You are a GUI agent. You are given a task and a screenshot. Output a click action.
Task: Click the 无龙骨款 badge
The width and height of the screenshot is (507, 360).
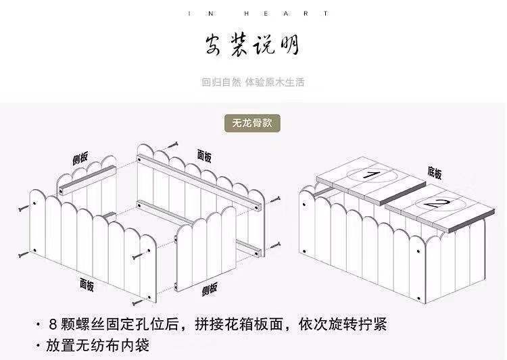[252, 124]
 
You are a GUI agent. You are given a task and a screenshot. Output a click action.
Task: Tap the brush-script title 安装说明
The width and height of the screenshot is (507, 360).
[252, 46]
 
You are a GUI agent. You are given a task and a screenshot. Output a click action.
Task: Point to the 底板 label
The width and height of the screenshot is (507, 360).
[434, 174]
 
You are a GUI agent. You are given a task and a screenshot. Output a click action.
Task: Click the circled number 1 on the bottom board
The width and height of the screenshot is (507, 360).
[371, 175]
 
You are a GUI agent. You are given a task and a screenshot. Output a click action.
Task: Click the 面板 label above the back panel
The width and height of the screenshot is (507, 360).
[204, 156]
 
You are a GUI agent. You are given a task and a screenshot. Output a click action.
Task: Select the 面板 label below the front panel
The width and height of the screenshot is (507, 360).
[87, 284]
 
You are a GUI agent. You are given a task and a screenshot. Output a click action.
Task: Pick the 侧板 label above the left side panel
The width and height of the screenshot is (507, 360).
[80, 159]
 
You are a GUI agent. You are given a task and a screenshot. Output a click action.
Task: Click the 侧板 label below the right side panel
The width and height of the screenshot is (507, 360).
[210, 290]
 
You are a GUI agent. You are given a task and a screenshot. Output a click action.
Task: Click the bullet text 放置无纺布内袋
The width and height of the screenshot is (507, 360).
[97, 346]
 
